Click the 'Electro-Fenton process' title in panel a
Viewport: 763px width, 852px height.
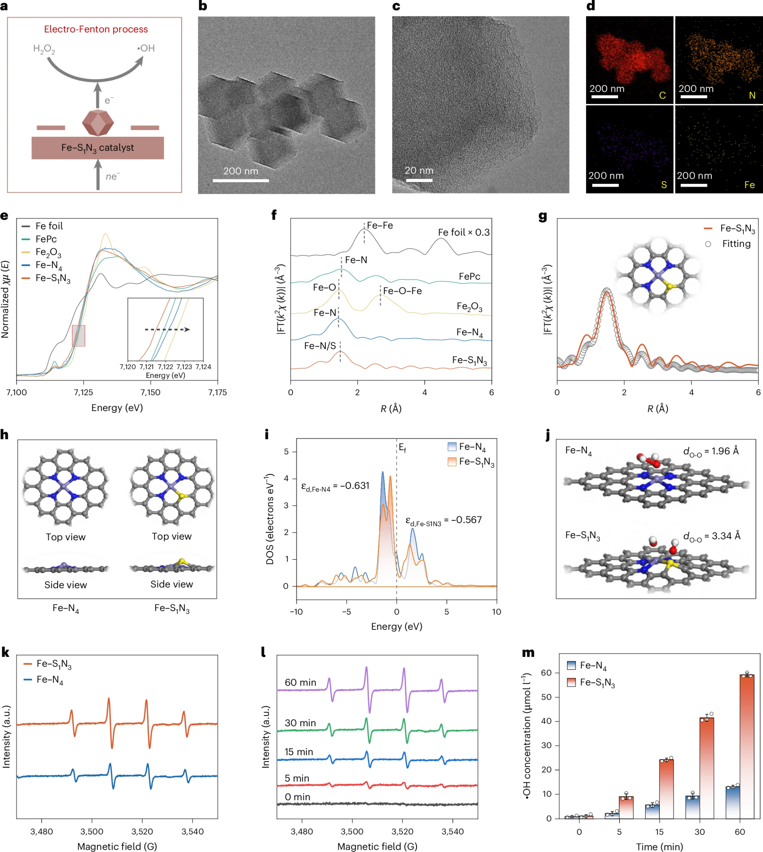(96, 29)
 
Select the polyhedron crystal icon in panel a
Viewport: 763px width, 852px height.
(98, 123)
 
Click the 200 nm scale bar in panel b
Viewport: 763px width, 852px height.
(241, 181)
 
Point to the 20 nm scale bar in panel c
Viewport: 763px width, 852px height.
(419, 181)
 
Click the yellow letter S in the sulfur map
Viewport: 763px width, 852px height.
(664, 185)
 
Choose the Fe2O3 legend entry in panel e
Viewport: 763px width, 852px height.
(48, 252)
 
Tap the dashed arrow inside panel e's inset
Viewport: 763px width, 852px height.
(167, 330)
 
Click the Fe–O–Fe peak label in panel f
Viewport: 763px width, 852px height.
(402, 291)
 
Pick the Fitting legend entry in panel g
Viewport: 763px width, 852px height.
(736, 244)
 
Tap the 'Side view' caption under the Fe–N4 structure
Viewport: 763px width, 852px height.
(66, 585)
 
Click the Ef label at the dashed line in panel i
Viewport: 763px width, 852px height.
(402, 448)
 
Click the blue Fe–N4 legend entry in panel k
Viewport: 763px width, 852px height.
(50, 680)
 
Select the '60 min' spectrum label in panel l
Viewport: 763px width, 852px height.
(300, 683)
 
